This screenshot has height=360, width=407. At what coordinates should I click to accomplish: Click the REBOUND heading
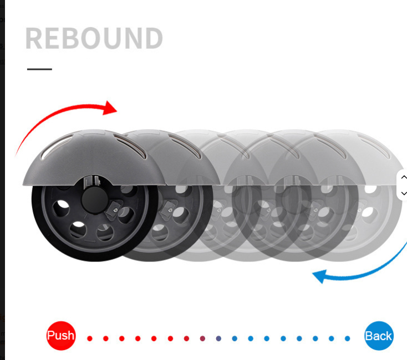(x=94, y=38)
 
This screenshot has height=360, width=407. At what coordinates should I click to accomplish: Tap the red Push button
(x=60, y=336)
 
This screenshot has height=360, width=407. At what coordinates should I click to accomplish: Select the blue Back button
(x=379, y=336)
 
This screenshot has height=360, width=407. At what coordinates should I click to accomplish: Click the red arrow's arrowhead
(x=111, y=107)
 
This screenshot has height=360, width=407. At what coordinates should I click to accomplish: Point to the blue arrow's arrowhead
(x=319, y=275)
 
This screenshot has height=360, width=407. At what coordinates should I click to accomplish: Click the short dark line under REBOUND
(x=39, y=69)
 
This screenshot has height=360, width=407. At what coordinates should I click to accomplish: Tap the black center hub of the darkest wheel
(x=92, y=198)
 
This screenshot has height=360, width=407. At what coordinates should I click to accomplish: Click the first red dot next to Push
(x=90, y=338)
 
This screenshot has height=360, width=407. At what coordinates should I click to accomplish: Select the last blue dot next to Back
(x=348, y=338)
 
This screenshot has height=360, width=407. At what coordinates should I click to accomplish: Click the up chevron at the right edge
(x=403, y=177)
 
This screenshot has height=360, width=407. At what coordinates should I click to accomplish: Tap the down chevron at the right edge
(x=403, y=193)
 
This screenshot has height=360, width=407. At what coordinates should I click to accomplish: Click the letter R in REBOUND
(x=34, y=38)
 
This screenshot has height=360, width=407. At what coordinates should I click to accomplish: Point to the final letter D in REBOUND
(x=152, y=38)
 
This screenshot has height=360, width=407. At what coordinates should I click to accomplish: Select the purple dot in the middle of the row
(x=218, y=338)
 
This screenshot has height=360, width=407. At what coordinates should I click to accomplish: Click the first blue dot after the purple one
(x=235, y=338)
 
